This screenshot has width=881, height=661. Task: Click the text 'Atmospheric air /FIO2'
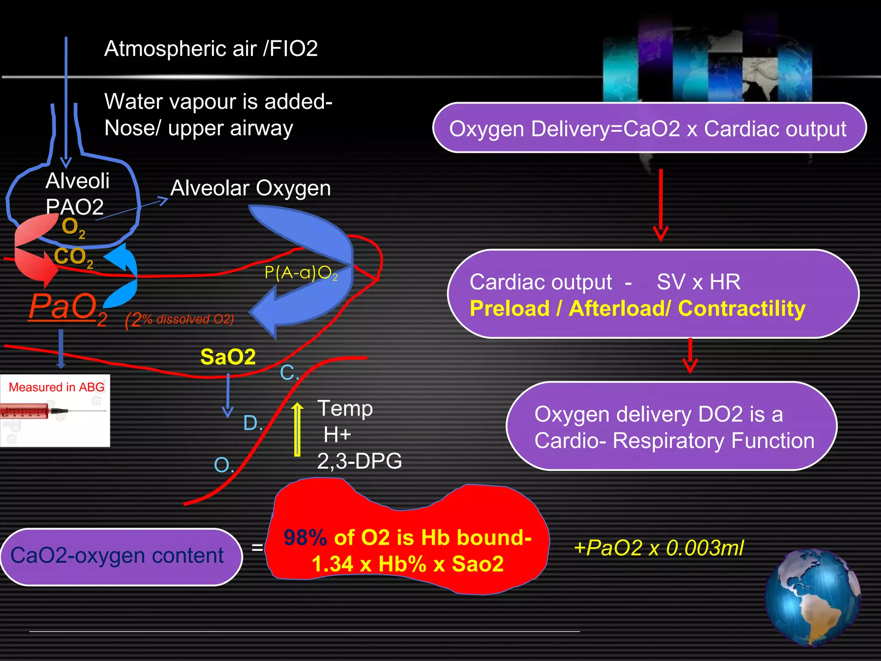211,48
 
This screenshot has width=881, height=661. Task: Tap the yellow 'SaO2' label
228,357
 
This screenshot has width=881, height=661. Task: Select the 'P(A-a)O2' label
301,273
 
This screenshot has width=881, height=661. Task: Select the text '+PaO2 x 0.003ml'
659,548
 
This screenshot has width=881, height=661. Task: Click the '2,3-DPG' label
359,461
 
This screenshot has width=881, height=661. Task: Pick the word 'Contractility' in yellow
741,309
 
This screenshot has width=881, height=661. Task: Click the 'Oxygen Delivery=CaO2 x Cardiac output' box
648,128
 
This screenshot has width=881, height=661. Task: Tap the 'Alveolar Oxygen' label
251,188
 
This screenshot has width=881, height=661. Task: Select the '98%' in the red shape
305,538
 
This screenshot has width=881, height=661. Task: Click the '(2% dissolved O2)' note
180,320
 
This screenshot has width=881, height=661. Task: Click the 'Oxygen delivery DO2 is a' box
672,426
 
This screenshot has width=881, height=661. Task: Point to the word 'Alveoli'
77,181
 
